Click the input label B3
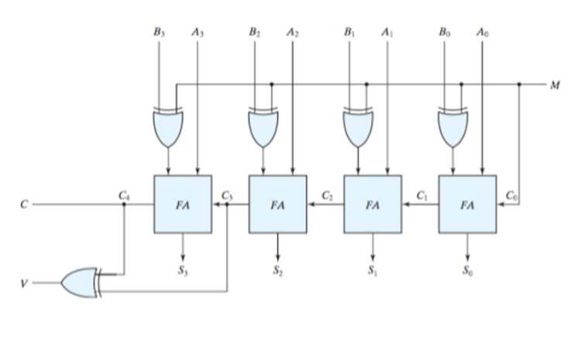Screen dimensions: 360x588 pyautogui.click(x=159, y=33)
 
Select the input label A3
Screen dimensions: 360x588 pyautogui.click(x=197, y=33)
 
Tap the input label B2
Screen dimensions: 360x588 pyautogui.click(x=254, y=33)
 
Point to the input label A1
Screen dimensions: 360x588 pyautogui.click(x=387, y=33)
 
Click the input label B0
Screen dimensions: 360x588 pyautogui.click(x=443, y=33)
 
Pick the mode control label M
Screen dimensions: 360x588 pyautogui.click(x=555, y=84)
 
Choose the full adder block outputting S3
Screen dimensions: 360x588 pyautogui.click(x=182, y=204)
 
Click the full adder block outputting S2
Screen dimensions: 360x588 pyautogui.click(x=277, y=204)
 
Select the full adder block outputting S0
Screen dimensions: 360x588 pyautogui.click(x=467, y=204)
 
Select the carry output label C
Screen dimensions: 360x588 pyautogui.click(x=24, y=205)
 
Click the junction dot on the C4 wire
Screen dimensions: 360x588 pyautogui.click(x=124, y=205)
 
